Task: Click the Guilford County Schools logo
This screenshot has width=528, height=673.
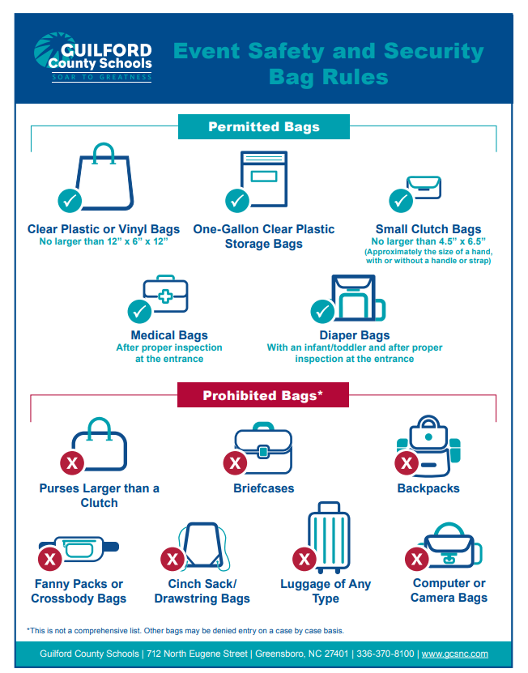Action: [92, 57]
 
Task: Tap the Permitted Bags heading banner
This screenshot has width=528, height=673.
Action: [264, 127]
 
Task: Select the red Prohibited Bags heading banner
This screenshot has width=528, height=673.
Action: [263, 395]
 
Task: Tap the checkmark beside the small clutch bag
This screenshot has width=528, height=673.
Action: [400, 199]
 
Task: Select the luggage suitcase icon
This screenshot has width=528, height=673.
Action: [328, 539]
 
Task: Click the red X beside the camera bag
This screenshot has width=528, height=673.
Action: [416, 558]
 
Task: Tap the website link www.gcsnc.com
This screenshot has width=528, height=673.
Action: [454, 654]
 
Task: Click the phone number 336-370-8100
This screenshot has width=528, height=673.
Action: [385, 654]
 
